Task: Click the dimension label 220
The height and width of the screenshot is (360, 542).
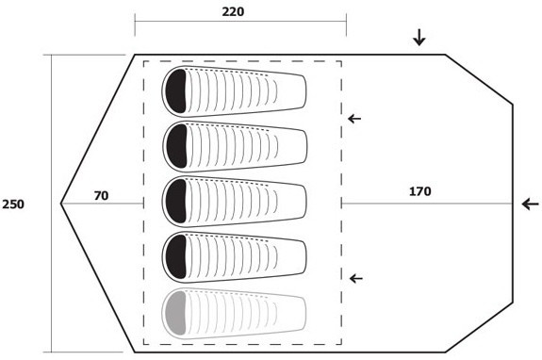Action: coord(233,11)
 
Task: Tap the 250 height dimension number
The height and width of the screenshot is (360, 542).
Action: coord(13,205)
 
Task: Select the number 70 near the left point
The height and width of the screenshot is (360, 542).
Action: coord(101,196)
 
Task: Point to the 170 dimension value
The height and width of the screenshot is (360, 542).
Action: coord(420,191)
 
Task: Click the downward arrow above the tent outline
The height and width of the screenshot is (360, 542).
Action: coord(419,38)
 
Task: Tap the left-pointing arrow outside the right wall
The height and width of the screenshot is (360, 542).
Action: coord(531,204)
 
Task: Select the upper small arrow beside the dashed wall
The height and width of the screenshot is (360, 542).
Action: coord(354,119)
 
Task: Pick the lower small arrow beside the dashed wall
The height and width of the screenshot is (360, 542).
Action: coord(356,278)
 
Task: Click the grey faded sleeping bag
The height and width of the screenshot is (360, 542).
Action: coord(235,313)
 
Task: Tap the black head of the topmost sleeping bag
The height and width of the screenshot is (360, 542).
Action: coord(176,90)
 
